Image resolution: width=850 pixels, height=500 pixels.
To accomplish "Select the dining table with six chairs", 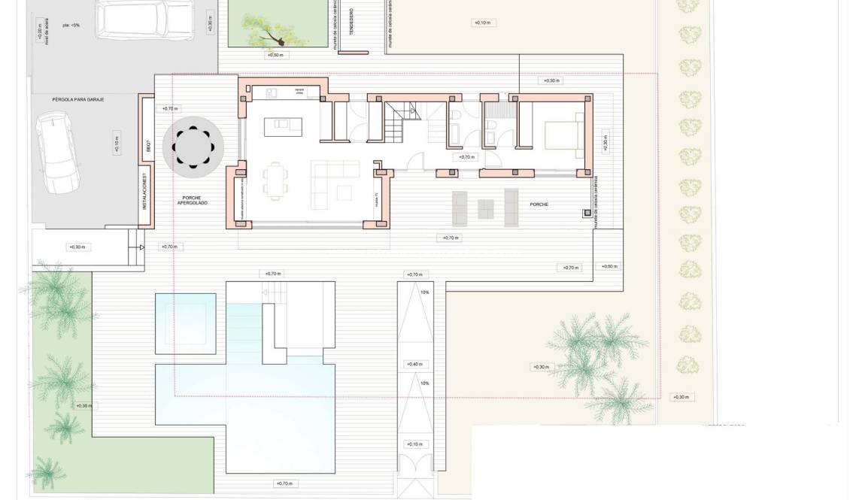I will [x=275, y=182].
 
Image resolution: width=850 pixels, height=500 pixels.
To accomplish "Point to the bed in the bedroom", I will [x=560, y=136].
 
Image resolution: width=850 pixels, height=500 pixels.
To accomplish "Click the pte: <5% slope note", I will [x=71, y=24].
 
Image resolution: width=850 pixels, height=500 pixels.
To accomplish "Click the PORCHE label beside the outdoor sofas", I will [x=539, y=205].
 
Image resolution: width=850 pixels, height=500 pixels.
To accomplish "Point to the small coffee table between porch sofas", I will [x=486, y=208].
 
